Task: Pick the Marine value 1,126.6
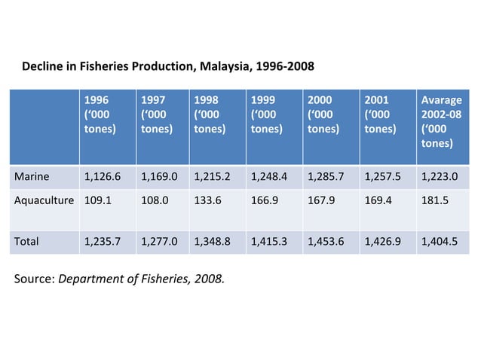(x=103, y=177)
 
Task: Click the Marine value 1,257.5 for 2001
(x=382, y=177)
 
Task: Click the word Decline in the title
(x=44, y=66)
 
